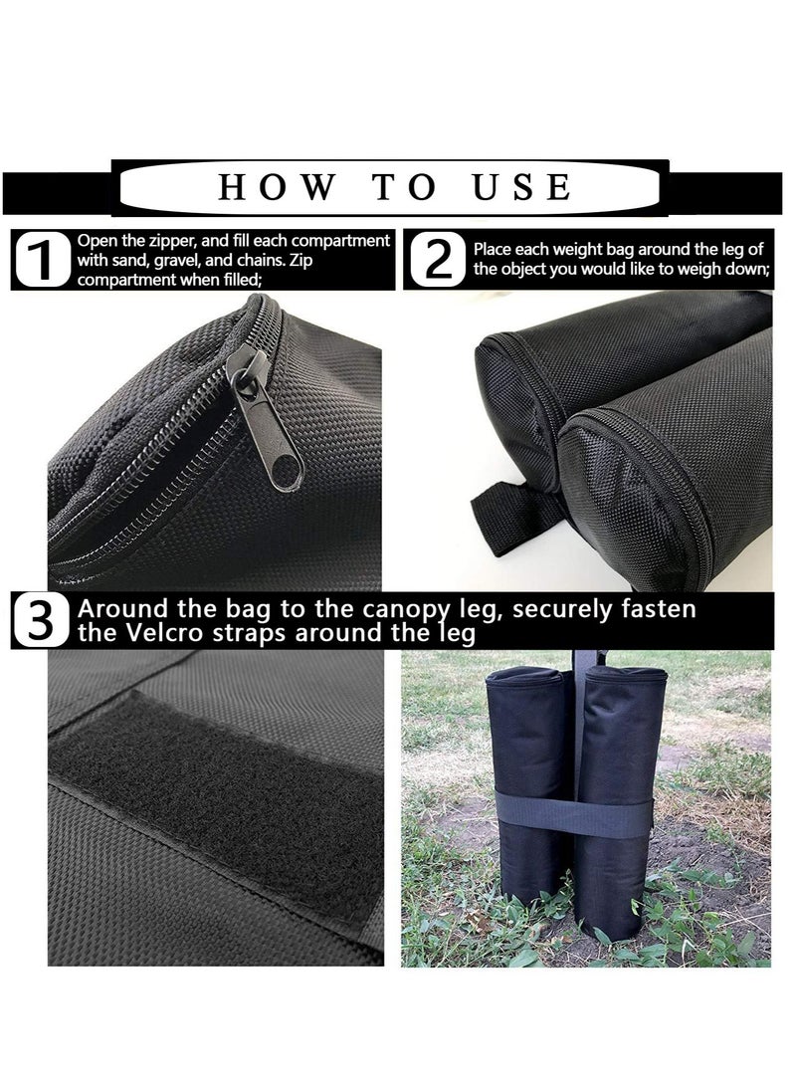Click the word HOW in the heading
click(x=277, y=187)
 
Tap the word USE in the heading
click(x=522, y=187)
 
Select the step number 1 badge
click(x=42, y=259)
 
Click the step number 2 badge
click(x=438, y=259)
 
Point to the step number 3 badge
click(x=41, y=620)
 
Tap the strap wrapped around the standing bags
click(x=574, y=814)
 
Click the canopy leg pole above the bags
click(x=588, y=659)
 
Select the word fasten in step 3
click(x=659, y=609)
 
